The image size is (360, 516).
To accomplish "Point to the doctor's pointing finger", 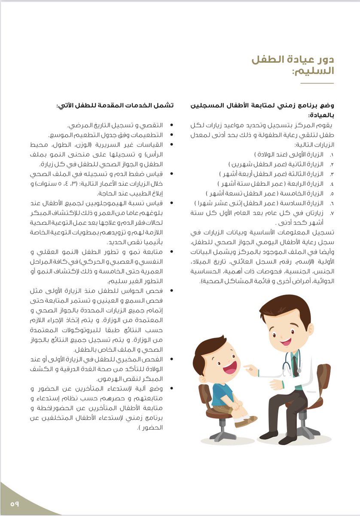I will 246,368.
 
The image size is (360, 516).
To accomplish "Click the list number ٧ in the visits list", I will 332,213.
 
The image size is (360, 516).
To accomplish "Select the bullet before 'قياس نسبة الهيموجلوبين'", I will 173,203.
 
